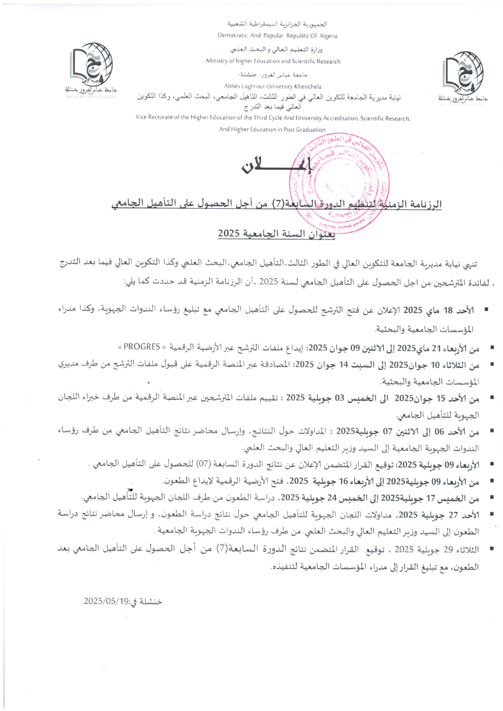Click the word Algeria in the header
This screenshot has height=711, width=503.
pos(326,36)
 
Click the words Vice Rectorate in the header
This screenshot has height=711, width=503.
pos(154,118)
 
